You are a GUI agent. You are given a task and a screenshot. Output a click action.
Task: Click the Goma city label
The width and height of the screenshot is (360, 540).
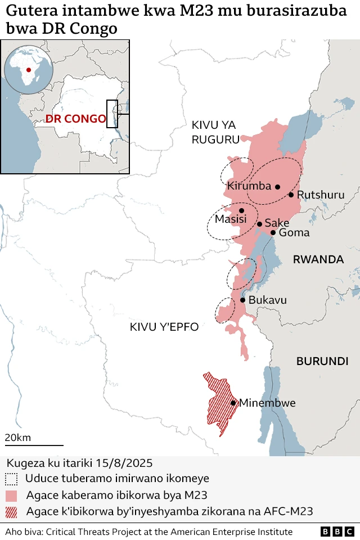tap(294, 233)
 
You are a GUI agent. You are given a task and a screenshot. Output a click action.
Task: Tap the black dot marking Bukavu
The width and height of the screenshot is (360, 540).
tap(242, 300)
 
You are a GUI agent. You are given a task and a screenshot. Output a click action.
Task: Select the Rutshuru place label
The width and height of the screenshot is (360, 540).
tap(320, 195)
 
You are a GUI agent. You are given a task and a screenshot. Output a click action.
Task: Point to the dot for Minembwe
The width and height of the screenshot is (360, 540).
tap(233, 403)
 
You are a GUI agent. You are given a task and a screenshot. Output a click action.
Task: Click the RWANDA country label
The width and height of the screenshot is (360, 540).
tap(318, 259)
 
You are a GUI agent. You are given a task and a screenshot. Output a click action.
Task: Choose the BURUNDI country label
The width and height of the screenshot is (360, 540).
tap(322, 361)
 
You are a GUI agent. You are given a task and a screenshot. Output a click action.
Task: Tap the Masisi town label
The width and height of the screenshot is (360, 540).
tap(231, 219)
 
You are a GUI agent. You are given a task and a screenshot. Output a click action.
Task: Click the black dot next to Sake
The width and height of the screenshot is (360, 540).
tap(259, 224)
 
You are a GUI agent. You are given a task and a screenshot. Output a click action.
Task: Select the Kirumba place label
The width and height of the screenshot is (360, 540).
tap(249, 186)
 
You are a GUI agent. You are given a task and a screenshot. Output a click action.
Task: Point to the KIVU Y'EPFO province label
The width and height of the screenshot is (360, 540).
tap(164, 327)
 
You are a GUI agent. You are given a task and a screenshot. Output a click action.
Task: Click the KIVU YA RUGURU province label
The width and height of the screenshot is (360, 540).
tap(215, 133)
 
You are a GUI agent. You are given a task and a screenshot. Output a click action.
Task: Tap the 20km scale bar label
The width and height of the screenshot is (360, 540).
tap(18, 438)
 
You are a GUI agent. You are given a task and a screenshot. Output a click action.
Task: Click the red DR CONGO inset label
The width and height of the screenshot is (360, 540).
tap(75, 119)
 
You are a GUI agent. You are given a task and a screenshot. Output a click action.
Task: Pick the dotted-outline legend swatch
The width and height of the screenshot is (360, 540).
tap(11, 479)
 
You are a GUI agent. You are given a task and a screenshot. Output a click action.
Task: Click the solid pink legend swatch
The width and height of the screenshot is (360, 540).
tap(11, 496)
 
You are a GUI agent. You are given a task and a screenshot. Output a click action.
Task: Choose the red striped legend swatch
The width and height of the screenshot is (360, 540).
tap(11, 512)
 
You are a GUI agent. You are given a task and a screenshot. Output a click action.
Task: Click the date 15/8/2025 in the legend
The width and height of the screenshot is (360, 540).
tap(125, 462)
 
